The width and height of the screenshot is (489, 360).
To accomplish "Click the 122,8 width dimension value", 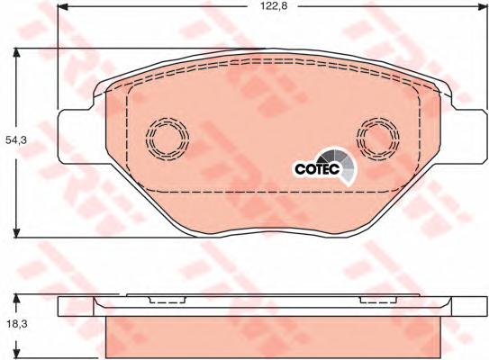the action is coord(274,6).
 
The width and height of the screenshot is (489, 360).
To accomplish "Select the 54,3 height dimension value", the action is coord(16,140).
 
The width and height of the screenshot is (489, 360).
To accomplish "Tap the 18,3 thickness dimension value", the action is coord(17,324).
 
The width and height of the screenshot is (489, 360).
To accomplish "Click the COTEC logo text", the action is coord(317,169).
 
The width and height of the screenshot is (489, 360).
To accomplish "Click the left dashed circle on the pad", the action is coord(168,139).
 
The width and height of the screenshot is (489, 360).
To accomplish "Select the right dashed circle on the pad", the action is coord(378,139).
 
